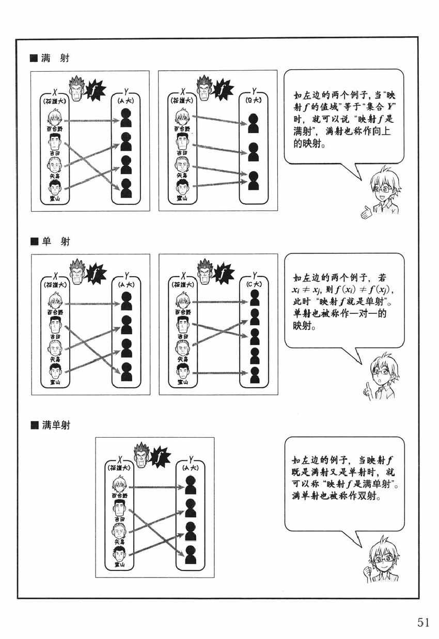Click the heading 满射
coord(54,59)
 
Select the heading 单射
coord(54,242)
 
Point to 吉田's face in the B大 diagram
coord(182,140)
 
